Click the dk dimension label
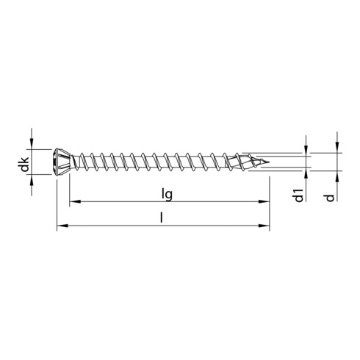tap(24, 165)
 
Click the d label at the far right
tap(332, 196)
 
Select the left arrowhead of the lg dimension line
tap(74, 201)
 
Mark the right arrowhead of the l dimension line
tap(267, 226)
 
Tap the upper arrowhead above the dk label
tap(32, 146)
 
